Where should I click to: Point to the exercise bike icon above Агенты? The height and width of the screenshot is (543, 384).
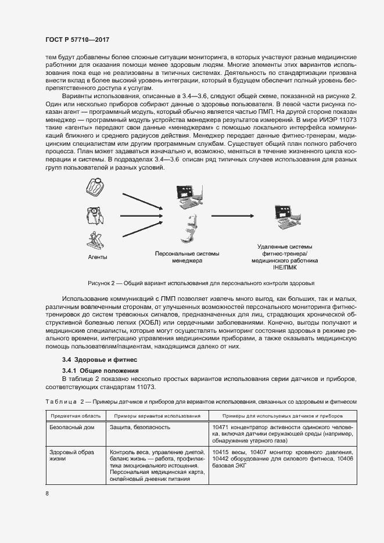point(95,240)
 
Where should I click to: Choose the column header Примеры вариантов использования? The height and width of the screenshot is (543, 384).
point(157,416)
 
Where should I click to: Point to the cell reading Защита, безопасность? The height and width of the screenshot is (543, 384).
point(139,427)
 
